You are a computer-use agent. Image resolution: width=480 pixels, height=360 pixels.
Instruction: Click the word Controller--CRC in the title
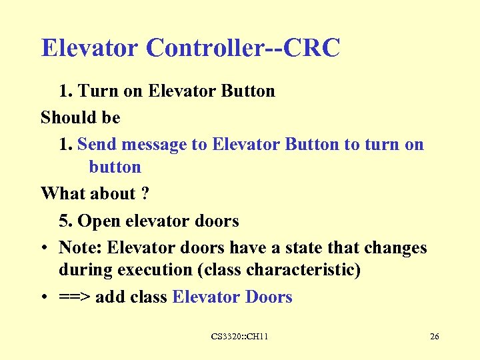(x=243, y=48)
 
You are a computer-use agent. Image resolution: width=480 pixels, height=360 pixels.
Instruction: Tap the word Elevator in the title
(x=89, y=48)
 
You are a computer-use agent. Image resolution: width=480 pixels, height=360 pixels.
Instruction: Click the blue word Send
(x=97, y=145)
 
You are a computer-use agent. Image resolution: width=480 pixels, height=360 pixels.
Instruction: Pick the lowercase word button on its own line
(x=115, y=167)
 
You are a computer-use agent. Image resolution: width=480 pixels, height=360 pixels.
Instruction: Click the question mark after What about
(x=145, y=194)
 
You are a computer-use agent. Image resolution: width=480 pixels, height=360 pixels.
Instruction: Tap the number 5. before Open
(x=65, y=221)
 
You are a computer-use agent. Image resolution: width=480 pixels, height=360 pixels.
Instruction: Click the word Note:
(x=81, y=248)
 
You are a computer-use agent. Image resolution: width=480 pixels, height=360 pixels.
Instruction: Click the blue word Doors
(x=269, y=297)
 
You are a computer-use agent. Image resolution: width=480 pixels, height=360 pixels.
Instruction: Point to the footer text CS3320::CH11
(x=239, y=337)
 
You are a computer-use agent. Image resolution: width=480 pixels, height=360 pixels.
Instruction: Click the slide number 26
(x=434, y=337)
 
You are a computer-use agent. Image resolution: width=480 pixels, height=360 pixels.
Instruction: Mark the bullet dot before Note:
(x=44, y=249)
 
